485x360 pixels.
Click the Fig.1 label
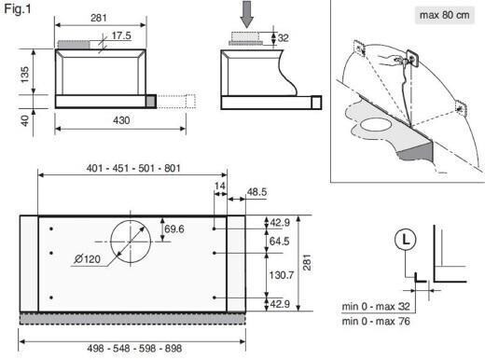(18, 9)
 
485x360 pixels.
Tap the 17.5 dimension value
(121, 35)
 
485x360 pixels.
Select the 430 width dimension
(121, 120)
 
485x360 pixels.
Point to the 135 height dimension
(24, 75)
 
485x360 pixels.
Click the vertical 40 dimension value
(24, 120)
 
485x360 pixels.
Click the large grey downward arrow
(247, 14)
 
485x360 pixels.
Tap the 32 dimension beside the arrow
(283, 38)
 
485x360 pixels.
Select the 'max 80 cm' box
(445, 15)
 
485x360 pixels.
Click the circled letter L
(406, 240)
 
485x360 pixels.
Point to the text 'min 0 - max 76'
(376, 321)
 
